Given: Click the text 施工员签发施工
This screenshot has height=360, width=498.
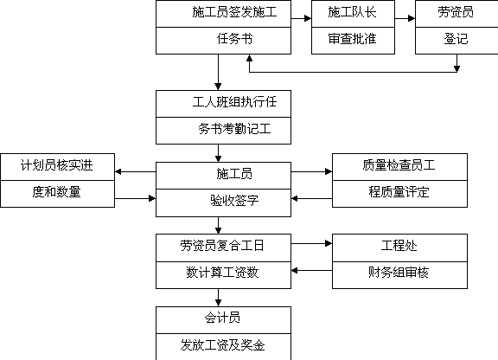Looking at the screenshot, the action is click(x=234, y=12).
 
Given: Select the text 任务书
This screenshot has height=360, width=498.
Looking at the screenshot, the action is click(x=234, y=39).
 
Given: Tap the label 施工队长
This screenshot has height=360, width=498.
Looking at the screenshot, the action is click(x=352, y=12).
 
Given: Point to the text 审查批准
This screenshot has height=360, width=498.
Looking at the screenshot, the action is click(x=352, y=39).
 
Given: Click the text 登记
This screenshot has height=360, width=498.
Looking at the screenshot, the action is click(x=456, y=39).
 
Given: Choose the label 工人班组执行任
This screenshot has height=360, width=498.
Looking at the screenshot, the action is click(x=234, y=102).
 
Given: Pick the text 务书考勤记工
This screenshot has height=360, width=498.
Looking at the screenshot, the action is click(x=234, y=129).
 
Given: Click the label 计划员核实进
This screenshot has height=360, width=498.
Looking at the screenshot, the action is click(x=57, y=165).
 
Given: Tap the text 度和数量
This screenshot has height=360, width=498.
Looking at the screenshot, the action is click(x=57, y=192).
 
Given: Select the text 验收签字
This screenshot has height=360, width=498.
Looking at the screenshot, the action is click(x=234, y=201).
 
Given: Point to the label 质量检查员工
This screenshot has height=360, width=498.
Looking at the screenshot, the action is click(x=399, y=165).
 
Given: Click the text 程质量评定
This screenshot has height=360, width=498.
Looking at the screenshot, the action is click(x=399, y=192).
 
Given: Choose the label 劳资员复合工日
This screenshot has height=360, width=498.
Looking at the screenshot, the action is click(x=222, y=246).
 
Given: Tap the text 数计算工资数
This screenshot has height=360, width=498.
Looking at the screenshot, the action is click(x=222, y=273).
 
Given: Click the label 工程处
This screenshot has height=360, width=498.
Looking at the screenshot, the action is click(x=399, y=246).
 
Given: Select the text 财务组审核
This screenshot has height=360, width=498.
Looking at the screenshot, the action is click(x=399, y=273).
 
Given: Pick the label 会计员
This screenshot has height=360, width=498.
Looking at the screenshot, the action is click(x=222, y=318).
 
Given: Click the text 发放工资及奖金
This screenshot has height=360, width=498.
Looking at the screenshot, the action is click(x=222, y=345).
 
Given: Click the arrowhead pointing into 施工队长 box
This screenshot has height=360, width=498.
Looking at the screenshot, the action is click(x=308, y=18).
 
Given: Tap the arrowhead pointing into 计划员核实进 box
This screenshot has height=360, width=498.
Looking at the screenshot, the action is click(x=118, y=171).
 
